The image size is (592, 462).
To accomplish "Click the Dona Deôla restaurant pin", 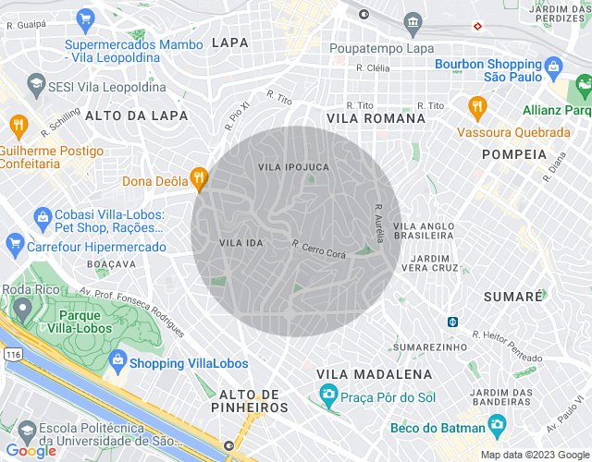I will point(198,179).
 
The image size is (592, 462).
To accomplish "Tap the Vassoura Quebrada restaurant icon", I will point(477,106).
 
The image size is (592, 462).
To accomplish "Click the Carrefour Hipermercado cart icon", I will point(14,246).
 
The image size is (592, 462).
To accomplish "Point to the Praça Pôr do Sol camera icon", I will point(327,396).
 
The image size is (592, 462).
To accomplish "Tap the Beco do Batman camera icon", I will point(498,427).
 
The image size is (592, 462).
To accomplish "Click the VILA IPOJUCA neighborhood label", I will point(293,167).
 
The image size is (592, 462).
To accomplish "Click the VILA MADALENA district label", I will point(374,374).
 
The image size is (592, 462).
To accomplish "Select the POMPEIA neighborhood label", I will point(514,154).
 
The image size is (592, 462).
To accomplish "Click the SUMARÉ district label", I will point(512,297).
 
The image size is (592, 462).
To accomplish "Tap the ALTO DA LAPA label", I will point(136,115).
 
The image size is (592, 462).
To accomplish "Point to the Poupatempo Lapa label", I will point(382,49).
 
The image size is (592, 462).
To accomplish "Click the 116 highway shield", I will point(12,354).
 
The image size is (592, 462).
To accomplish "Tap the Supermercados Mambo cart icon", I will point(86,18).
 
